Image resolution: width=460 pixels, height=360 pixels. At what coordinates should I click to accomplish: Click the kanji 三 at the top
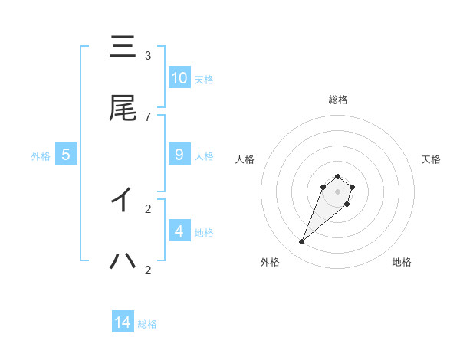tap(123, 47)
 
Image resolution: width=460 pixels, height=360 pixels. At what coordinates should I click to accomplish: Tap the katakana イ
tap(123, 200)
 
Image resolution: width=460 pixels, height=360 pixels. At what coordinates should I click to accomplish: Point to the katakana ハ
tap(123, 261)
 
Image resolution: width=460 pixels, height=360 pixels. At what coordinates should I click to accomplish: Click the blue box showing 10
tap(179, 77)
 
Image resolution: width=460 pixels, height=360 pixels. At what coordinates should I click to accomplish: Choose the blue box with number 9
tap(179, 155)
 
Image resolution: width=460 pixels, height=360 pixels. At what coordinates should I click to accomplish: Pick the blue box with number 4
tap(179, 231)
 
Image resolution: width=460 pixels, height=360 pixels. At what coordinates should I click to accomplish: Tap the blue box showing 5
tap(66, 155)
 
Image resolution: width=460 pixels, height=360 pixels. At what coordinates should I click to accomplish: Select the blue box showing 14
tap(123, 322)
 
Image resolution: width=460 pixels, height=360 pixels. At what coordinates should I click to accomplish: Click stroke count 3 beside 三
tap(148, 56)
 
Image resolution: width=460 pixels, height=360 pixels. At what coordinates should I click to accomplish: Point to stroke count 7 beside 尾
tap(148, 116)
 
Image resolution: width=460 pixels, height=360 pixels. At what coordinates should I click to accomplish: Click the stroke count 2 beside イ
tap(148, 208)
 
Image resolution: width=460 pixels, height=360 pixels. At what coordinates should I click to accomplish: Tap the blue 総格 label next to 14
tap(147, 324)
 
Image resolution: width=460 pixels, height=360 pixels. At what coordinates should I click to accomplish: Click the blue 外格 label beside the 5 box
tap(41, 156)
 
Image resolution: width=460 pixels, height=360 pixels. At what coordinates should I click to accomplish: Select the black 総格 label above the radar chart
tap(337, 100)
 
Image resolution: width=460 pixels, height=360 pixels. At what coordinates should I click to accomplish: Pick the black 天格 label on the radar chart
tap(432, 159)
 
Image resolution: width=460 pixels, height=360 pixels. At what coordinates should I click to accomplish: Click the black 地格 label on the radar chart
tap(402, 262)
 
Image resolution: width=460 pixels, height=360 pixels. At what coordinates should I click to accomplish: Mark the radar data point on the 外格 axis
tap(302, 242)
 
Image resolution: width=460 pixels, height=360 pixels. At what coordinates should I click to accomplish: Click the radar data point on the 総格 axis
tap(337, 177)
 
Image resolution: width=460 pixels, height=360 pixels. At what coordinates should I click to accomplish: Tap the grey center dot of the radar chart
tap(337, 191)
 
